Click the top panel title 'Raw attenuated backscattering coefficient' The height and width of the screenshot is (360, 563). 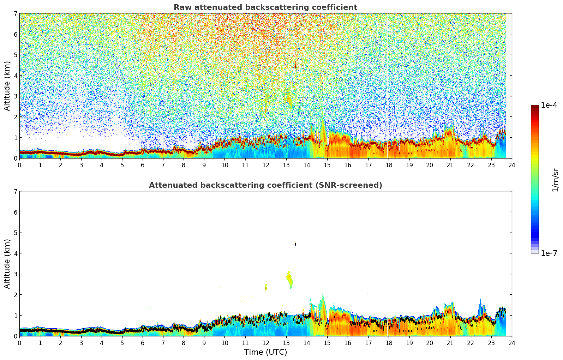[265, 7]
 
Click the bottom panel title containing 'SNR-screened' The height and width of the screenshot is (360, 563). [265, 185]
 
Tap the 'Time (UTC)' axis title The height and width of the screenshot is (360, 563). [265, 352]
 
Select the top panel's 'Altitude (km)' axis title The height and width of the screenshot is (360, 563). [7, 86]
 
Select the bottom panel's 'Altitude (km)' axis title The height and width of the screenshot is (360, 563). [7, 264]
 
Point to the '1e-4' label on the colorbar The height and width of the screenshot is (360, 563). [549, 105]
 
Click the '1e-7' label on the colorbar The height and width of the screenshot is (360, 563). [549, 253]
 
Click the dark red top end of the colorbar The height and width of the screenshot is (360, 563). [534, 107]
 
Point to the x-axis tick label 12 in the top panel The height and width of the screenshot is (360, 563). [265, 165]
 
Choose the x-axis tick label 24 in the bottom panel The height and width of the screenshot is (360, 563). [511, 343]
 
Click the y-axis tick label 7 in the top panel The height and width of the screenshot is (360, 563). [15, 14]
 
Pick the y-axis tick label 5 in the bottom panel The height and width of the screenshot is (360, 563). [15, 233]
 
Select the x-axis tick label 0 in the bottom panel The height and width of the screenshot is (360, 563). [19, 343]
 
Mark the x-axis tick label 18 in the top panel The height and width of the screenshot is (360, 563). [389, 165]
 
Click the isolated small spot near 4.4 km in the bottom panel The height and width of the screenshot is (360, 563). [295, 244]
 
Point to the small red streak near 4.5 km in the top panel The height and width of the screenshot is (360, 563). [295, 65]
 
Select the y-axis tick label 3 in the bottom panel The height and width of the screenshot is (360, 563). [15, 274]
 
